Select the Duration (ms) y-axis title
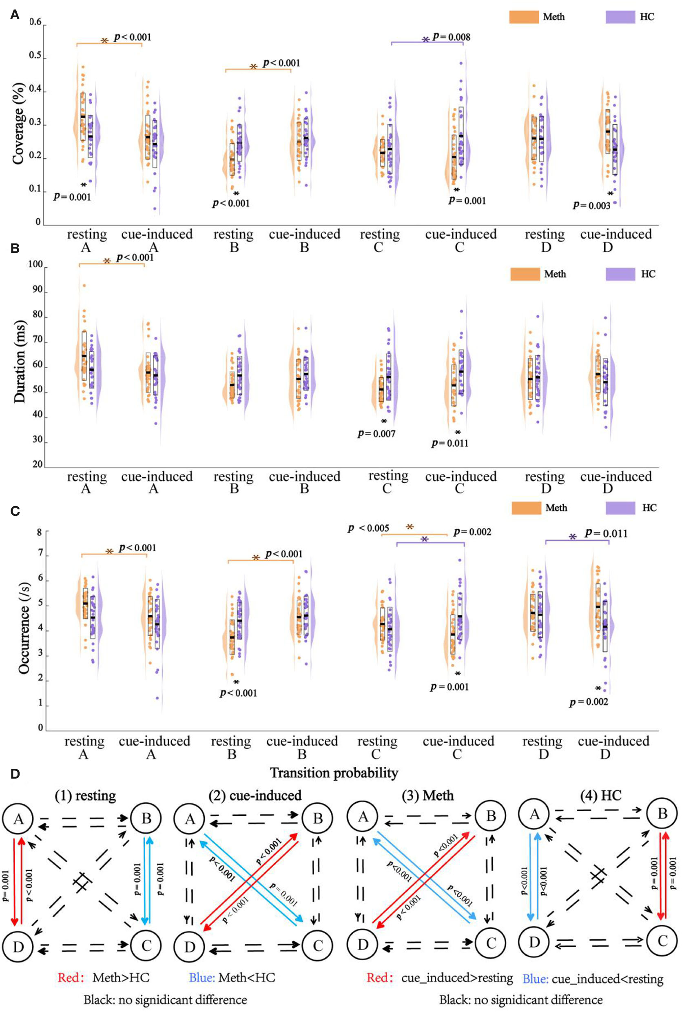20,362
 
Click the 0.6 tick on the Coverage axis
35,22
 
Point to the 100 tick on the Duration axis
35,264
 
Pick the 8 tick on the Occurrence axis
40,532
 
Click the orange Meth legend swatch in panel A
524,17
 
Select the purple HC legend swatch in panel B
620,274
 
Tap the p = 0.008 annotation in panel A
452,37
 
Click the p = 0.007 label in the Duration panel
376,433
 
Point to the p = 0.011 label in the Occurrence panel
606,533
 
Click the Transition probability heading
334,773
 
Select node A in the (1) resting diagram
18,819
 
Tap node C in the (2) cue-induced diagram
317,945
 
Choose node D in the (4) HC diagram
534,942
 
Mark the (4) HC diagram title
601,796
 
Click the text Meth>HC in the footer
121,978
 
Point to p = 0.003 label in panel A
591,205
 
